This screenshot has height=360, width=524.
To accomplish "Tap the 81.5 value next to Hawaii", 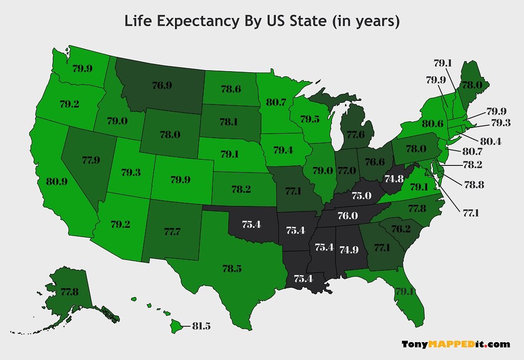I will click(201, 326).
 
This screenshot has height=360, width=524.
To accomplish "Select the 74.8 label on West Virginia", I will click(394, 179).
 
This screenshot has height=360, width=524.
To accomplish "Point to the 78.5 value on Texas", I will click(232, 268).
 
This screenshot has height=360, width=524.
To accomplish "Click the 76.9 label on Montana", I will click(162, 86).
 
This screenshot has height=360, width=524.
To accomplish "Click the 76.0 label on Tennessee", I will click(347, 216).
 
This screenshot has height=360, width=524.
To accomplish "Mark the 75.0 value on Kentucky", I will click(361, 196).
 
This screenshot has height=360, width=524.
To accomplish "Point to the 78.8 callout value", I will click(474, 184).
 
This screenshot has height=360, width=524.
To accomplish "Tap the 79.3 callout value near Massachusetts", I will click(500, 123).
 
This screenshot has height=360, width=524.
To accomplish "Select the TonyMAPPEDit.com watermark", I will click(455, 344).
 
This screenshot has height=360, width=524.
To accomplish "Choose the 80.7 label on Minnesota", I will click(276, 102).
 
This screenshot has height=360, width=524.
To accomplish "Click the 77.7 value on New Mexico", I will click(172, 232).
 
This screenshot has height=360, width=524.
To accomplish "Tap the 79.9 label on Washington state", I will click(83, 68).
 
